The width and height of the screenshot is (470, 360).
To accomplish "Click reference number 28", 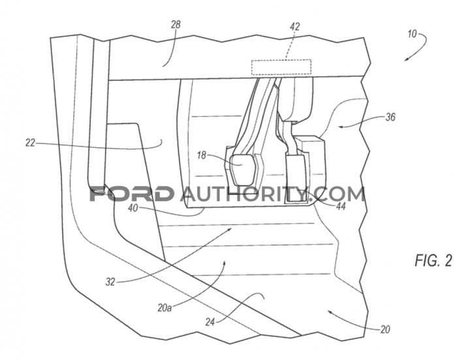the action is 176,25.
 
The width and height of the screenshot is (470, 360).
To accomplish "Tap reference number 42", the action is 295,27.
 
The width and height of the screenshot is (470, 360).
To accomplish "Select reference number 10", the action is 412,34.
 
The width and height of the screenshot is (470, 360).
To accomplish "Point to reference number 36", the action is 390,117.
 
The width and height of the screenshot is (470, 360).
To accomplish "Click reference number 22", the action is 30,143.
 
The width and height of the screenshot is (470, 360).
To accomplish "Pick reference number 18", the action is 202,155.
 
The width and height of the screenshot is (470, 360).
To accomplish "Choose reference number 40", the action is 133,208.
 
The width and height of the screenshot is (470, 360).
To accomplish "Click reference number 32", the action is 110,282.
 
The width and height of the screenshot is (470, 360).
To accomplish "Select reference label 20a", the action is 164,308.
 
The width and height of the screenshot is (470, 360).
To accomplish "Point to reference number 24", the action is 210,322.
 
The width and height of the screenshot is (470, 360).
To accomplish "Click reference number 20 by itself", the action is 385,329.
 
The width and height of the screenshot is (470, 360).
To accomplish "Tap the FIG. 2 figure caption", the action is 433,260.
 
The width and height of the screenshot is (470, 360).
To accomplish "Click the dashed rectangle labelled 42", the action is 281,67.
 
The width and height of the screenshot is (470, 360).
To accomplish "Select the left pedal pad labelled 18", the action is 243,170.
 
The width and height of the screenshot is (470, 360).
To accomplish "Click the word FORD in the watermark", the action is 132,194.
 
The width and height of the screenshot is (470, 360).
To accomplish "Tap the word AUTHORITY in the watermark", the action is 243,194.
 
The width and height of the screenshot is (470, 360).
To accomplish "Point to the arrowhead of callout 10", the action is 405,59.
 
